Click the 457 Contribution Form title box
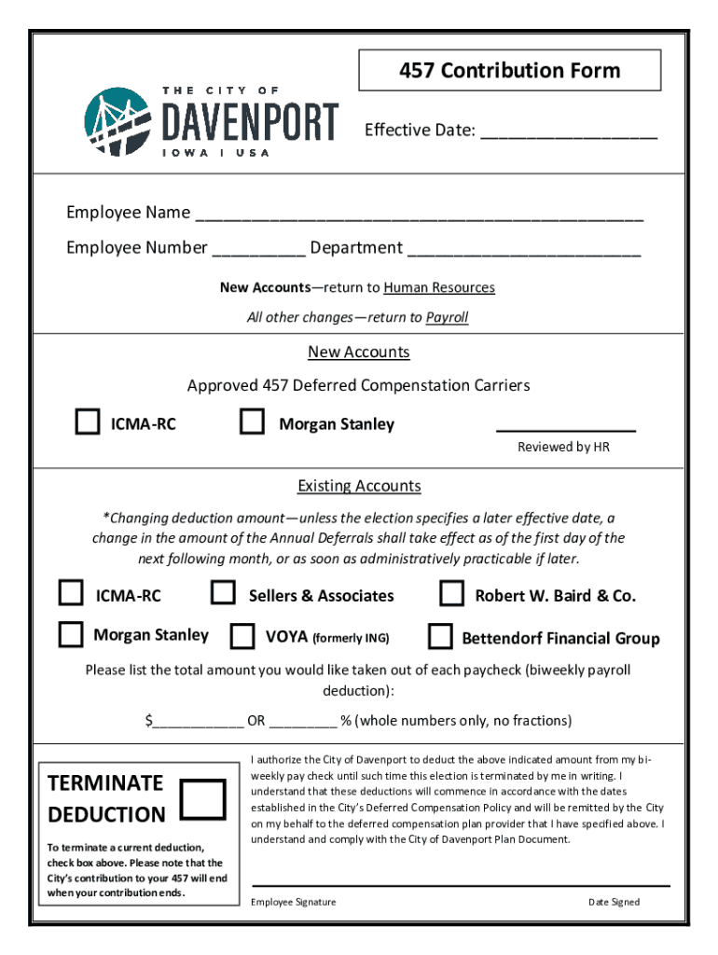(510, 71)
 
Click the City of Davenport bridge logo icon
(117, 121)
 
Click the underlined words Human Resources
(438, 287)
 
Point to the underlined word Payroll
(447, 317)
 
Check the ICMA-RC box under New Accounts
(88, 422)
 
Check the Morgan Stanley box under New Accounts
(252, 422)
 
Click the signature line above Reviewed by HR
(565, 430)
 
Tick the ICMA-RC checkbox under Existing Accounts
(71, 593)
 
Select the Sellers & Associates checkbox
(223, 593)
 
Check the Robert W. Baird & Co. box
(452, 593)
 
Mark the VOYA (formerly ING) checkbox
(242, 636)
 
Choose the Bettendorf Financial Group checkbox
(440, 636)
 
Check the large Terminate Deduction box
(202, 798)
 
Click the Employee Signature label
(294, 902)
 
